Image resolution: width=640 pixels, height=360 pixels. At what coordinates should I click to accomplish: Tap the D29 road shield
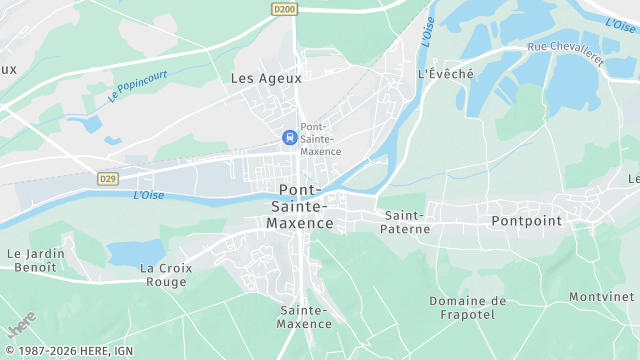(107, 178)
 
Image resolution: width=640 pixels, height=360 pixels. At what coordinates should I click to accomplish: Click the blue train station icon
(290, 138)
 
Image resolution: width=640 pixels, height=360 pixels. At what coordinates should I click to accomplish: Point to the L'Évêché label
(446, 74)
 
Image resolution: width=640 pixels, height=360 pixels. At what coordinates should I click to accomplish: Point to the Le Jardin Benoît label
(36, 261)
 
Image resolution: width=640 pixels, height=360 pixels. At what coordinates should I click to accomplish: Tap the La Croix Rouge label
(163, 275)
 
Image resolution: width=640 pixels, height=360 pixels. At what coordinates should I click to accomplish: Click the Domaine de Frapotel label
(468, 307)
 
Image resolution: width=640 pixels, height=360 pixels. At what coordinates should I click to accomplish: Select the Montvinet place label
(602, 297)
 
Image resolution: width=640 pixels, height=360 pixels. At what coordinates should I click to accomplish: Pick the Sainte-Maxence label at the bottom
(305, 317)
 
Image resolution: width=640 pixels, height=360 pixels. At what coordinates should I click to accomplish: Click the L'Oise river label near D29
(148, 195)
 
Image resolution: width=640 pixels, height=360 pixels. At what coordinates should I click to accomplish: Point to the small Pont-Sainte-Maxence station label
(321, 139)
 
